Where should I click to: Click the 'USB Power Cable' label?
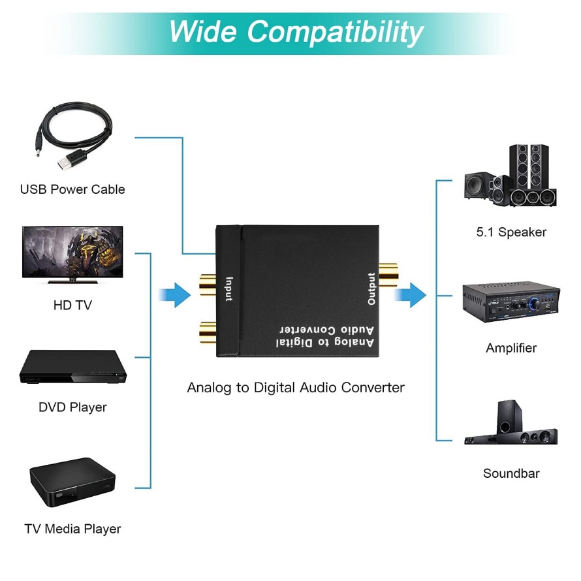click(x=72, y=189)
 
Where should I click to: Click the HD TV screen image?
click(x=72, y=254)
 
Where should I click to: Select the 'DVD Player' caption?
click(x=72, y=407)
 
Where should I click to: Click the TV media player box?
click(x=72, y=484)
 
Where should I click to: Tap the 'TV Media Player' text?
click(x=72, y=529)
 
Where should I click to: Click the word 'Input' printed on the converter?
click(x=228, y=289)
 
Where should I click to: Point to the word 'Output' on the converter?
click(x=371, y=289)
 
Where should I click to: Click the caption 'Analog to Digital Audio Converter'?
click(x=296, y=387)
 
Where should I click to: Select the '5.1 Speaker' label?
click(x=511, y=232)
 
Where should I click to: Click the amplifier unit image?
click(x=511, y=302)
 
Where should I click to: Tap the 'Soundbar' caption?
click(x=511, y=473)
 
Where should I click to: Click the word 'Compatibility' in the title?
click(x=335, y=31)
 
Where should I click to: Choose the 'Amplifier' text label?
click(x=511, y=348)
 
